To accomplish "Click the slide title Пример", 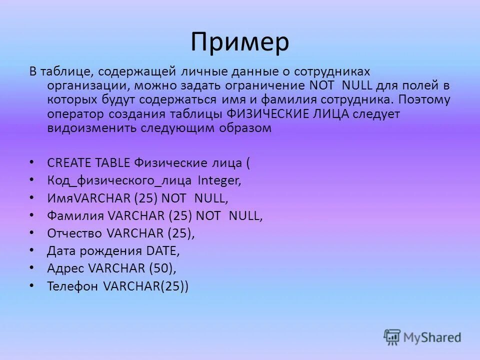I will (239, 42).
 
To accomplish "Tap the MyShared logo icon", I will (392, 336).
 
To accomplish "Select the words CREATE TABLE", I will (88, 162).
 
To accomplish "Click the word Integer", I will (219, 180).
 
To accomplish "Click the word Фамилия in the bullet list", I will (75, 216).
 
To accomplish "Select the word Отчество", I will (74, 233).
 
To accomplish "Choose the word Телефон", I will (72, 286).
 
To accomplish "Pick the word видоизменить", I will (82, 127).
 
